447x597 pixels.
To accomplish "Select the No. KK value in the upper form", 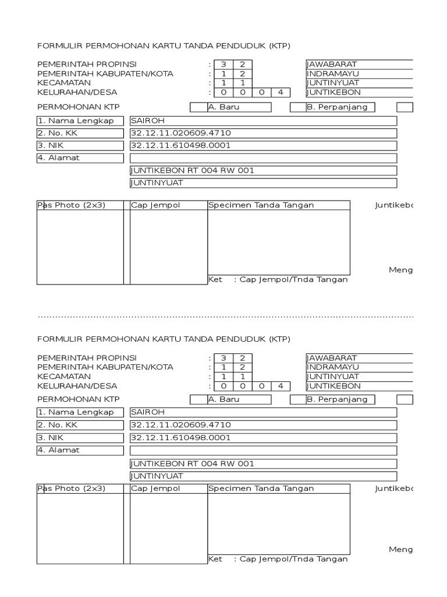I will pos(177,133).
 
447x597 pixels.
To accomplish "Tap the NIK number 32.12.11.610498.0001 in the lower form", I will pos(181,438).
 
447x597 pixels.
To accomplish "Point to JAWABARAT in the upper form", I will pos(332,64).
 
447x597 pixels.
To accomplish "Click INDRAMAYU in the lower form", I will pos(333,367).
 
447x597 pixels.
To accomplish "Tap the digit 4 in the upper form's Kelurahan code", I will pos(281,92).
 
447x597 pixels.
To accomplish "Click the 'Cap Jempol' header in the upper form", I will pos(147,205).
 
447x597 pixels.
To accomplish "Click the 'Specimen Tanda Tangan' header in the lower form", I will pos(261,489).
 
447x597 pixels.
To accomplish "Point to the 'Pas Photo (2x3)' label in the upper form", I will pos(72,205).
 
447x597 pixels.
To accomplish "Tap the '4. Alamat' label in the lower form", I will pos(59,450).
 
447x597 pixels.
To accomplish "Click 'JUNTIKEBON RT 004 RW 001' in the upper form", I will pos(193,170).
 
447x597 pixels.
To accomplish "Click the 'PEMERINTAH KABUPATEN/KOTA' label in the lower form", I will pos(105,367).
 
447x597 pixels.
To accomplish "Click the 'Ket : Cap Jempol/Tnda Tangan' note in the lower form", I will pos(278,559).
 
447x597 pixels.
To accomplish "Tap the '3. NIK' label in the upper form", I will pos(52,145).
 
